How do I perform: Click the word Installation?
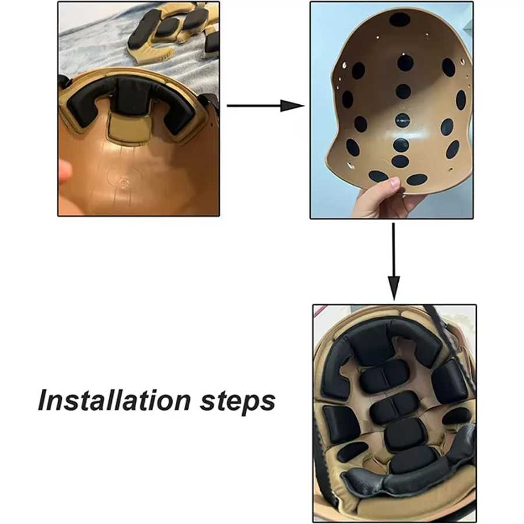(x=114, y=400)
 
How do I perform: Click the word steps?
(x=238, y=402)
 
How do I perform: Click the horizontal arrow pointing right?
(x=265, y=105)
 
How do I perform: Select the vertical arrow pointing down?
(x=394, y=261)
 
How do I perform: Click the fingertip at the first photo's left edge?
(x=65, y=171)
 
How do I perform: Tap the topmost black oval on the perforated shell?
(x=399, y=20)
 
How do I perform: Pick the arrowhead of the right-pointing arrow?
(x=292, y=105)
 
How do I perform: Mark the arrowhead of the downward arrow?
(x=394, y=288)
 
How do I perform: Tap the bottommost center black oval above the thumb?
(x=400, y=161)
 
